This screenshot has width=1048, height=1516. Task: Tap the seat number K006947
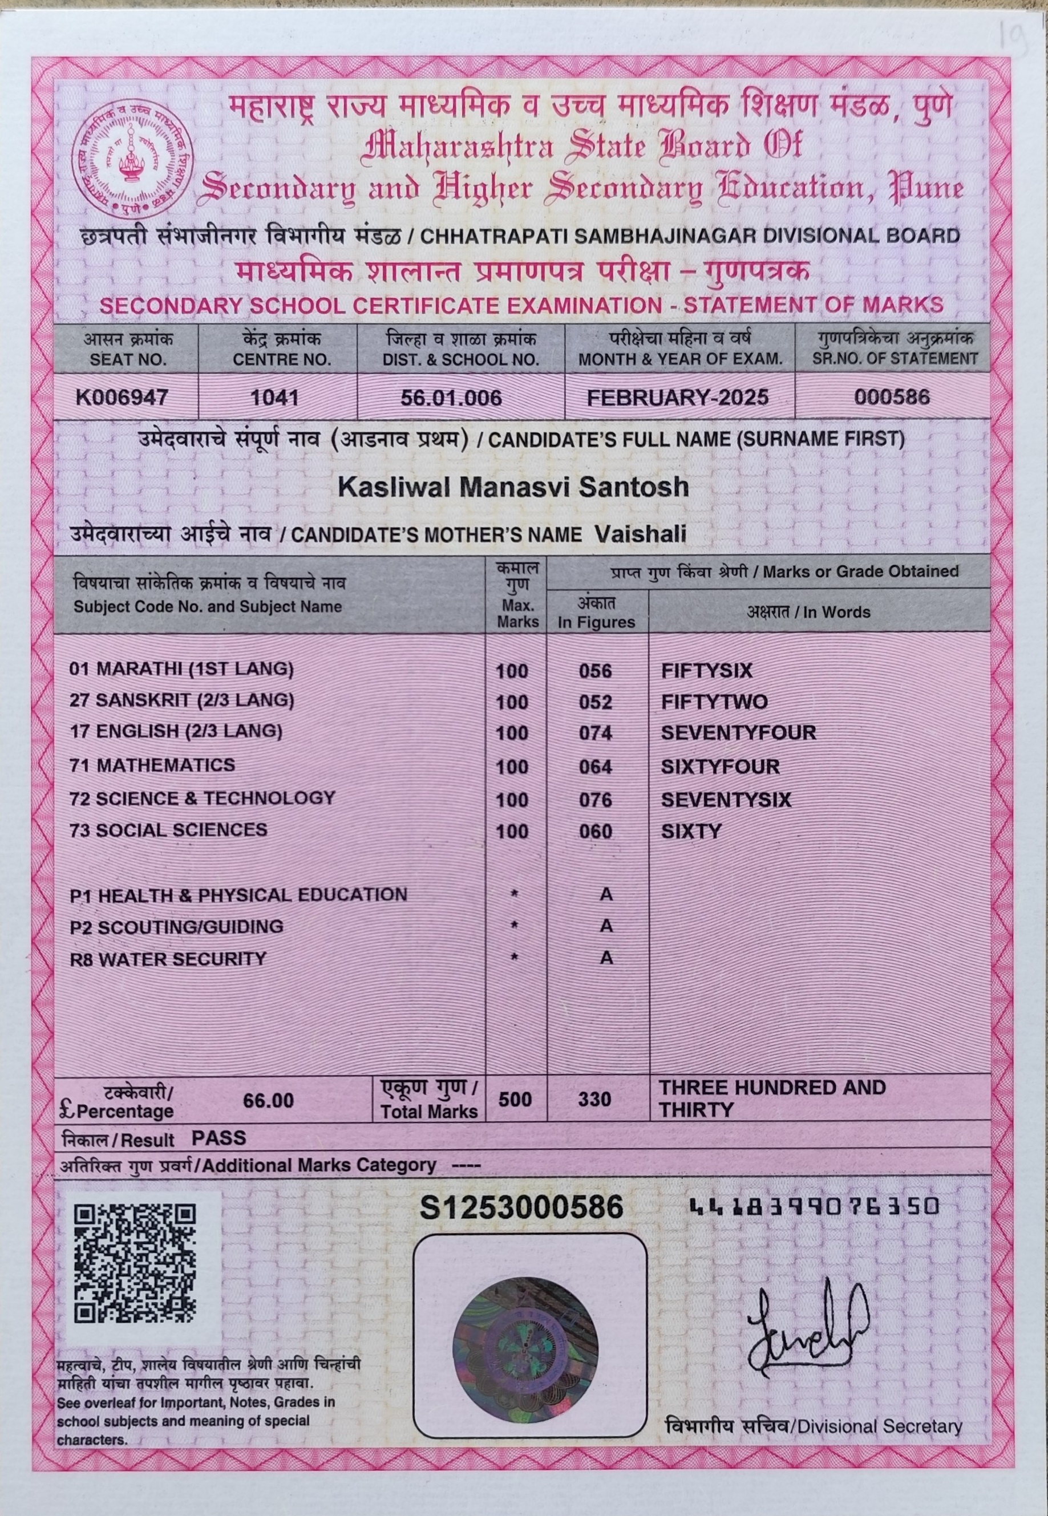point(122,397)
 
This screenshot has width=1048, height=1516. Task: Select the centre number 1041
point(276,397)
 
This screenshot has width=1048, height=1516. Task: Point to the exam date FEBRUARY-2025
point(678,397)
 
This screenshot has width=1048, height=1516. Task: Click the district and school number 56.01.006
point(451,397)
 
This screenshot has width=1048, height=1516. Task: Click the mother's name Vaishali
point(640,533)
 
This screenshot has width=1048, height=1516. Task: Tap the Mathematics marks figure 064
point(596,767)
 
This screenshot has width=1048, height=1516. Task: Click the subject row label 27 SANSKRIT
point(181,700)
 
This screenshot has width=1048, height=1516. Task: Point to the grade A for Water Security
point(606,958)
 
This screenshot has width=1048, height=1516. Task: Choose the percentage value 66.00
point(268,1101)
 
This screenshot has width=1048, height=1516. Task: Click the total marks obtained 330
point(595,1099)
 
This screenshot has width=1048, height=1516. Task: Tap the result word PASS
point(218,1137)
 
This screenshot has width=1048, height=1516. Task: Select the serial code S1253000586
point(521,1207)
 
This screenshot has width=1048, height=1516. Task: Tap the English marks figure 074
point(596,732)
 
